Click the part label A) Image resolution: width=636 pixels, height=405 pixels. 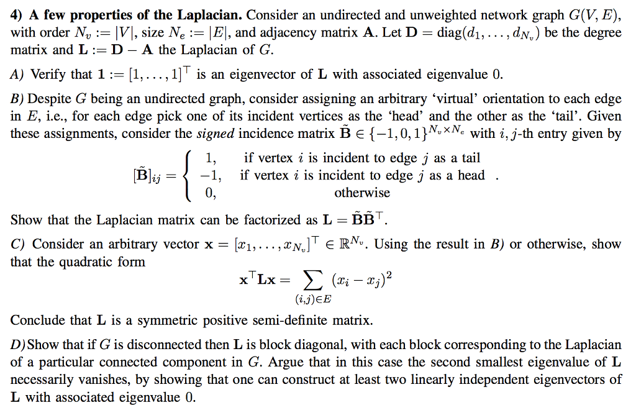pos(18,75)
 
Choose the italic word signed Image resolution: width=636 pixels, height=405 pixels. pos(216,134)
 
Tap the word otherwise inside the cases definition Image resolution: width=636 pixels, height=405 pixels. pos(362,193)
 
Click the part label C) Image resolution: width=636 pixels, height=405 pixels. pos(18,244)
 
